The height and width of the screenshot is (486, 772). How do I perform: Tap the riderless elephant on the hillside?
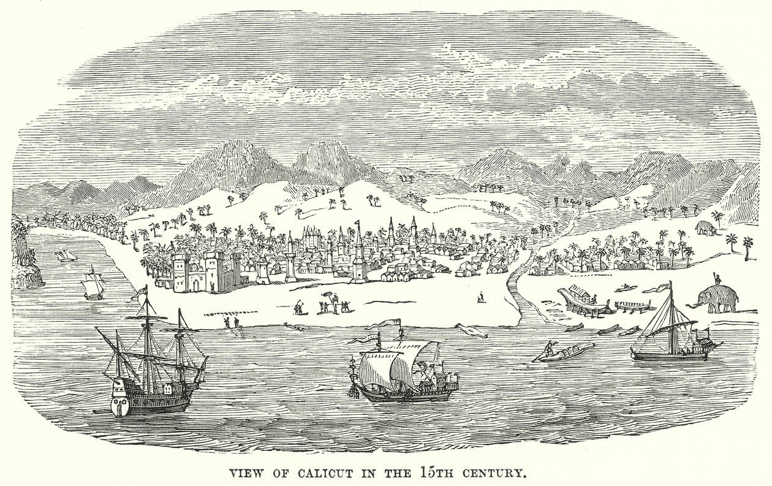pyautogui.click(x=706, y=229)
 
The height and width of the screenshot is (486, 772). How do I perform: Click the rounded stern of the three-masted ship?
pyautogui.click(x=120, y=399)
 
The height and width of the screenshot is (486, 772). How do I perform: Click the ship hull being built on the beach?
pyautogui.click(x=582, y=299)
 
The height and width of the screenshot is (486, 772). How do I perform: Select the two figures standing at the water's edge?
pyautogui.click(x=230, y=321)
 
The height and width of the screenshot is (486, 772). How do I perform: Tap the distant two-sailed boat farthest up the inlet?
pyautogui.click(x=62, y=254)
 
